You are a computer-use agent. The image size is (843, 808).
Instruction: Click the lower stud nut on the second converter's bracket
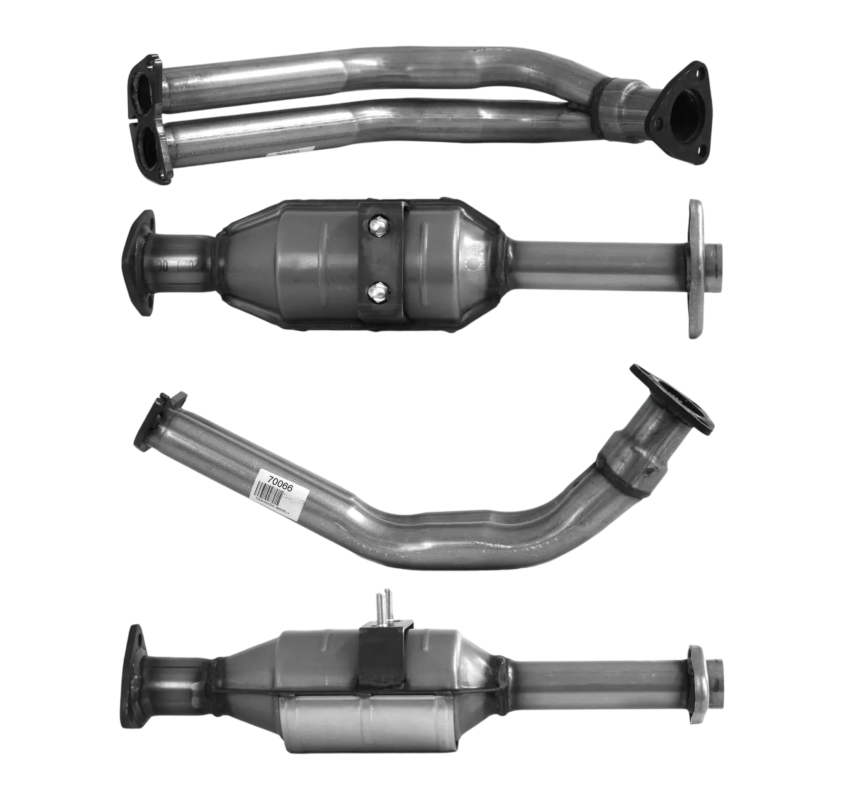pos(377,292)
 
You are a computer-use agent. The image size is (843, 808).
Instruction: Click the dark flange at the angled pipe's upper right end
pos(671,399)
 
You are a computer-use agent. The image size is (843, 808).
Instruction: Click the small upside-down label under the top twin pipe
pos(289,153)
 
